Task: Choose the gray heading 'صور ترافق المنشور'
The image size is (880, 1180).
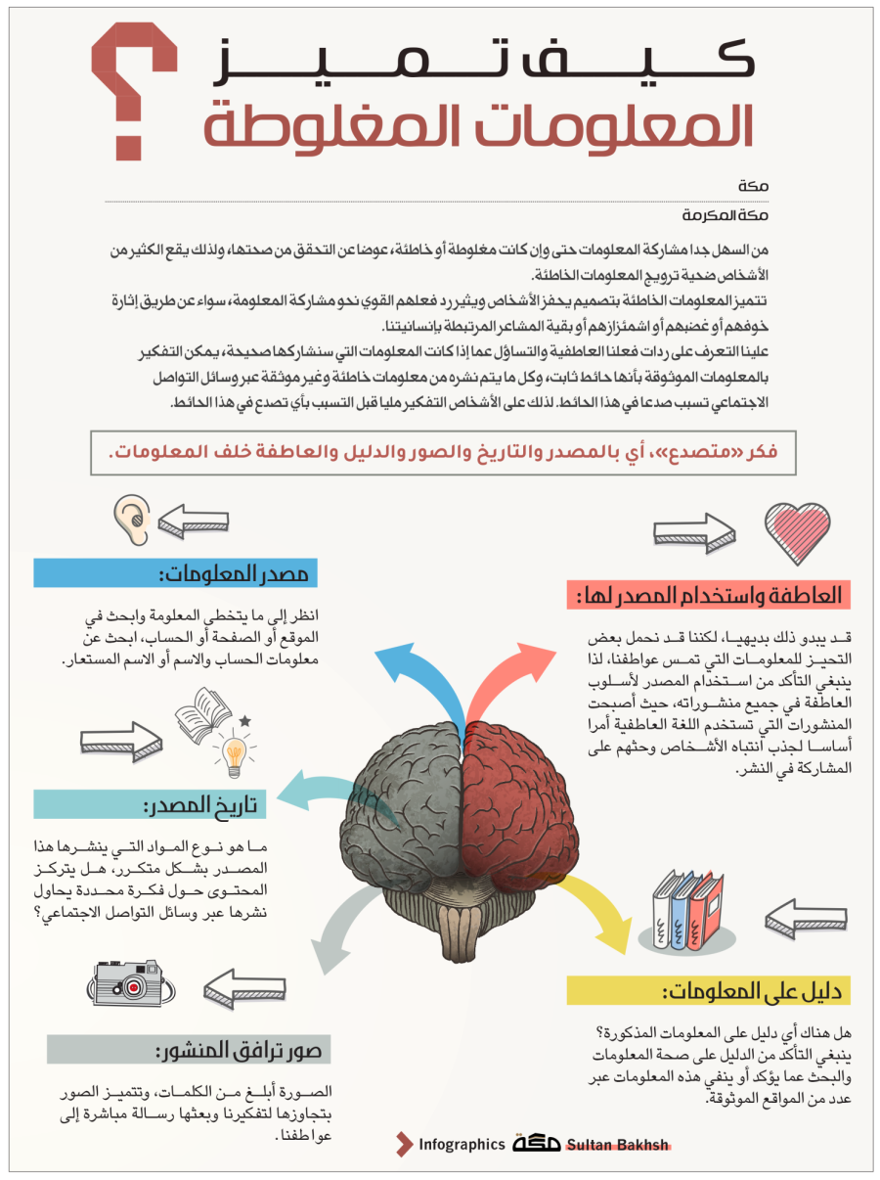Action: [190, 1050]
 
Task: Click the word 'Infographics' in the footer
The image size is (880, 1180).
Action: [462, 1145]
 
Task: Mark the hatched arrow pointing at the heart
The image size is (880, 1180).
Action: [694, 532]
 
